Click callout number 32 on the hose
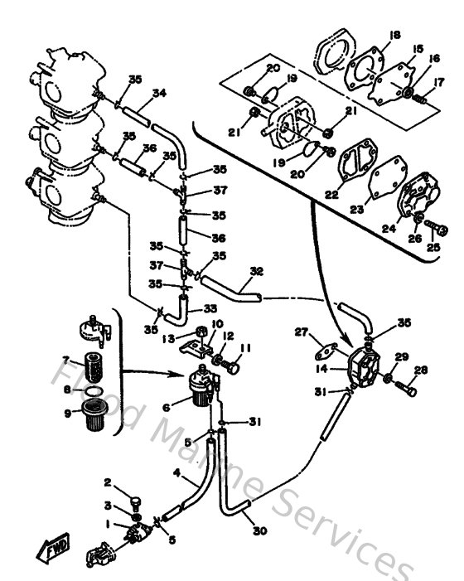(x=256, y=270)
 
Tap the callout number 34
(x=159, y=93)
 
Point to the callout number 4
(x=176, y=473)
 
